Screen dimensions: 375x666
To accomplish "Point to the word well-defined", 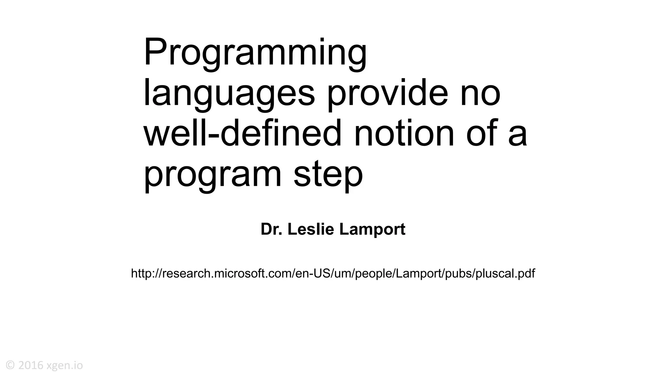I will (x=243, y=134).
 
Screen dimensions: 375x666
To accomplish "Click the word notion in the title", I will (x=404, y=134).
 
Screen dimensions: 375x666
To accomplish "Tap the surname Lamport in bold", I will (x=372, y=229).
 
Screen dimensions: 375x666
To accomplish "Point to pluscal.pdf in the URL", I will (x=505, y=273).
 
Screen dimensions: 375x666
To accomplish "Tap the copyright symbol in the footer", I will (x=10, y=365).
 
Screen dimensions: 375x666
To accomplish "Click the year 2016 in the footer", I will (x=31, y=365).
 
